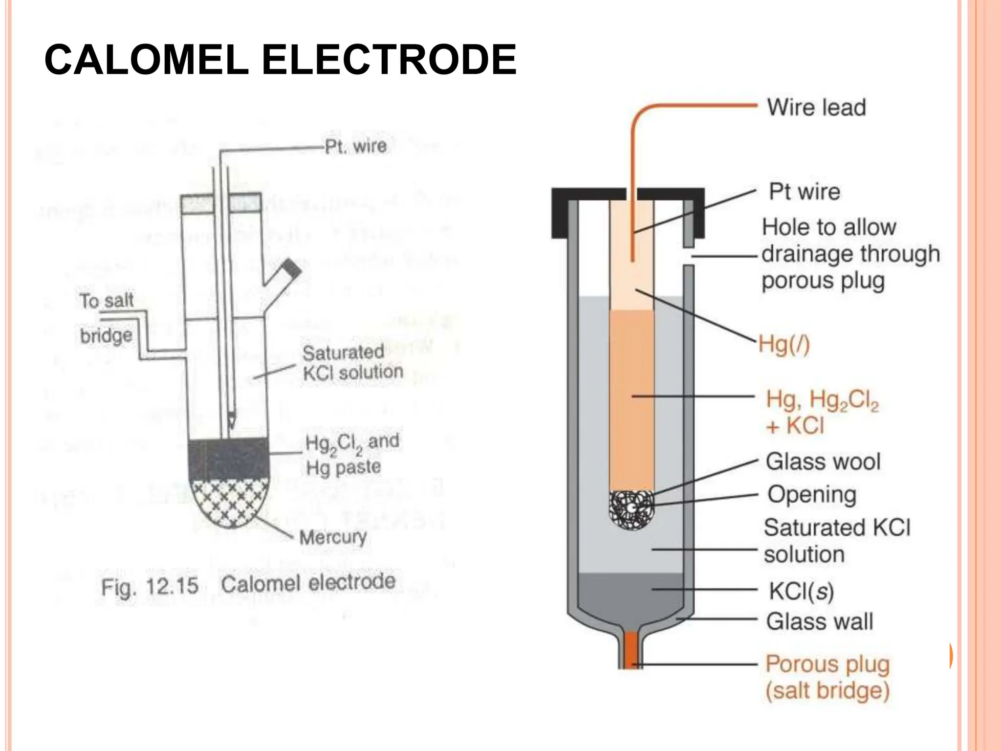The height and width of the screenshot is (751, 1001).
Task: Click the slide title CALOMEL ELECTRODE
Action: tap(280, 60)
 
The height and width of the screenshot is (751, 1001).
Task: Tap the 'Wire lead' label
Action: tap(816, 107)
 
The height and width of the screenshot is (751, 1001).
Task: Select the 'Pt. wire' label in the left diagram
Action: tap(356, 146)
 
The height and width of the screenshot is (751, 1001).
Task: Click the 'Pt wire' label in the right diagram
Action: tap(805, 192)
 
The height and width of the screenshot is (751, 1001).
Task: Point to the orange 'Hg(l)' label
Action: tap(784, 344)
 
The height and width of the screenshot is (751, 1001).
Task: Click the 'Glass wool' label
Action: tap(823, 462)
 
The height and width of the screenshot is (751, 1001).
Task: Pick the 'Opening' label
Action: tap(812, 494)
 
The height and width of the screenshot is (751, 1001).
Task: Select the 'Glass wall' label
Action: tap(819, 621)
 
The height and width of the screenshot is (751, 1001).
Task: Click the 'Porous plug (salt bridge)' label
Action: tap(827, 677)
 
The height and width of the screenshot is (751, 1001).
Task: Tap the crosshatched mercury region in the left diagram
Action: tap(229, 501)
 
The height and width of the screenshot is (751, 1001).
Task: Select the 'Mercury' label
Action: tap(333, 537)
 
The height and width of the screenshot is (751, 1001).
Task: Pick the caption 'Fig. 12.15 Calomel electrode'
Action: tap(248, 584)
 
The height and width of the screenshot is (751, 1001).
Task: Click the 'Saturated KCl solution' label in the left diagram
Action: tap(352, 362)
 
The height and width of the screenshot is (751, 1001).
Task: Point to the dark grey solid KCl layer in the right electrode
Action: tap(631, 594)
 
